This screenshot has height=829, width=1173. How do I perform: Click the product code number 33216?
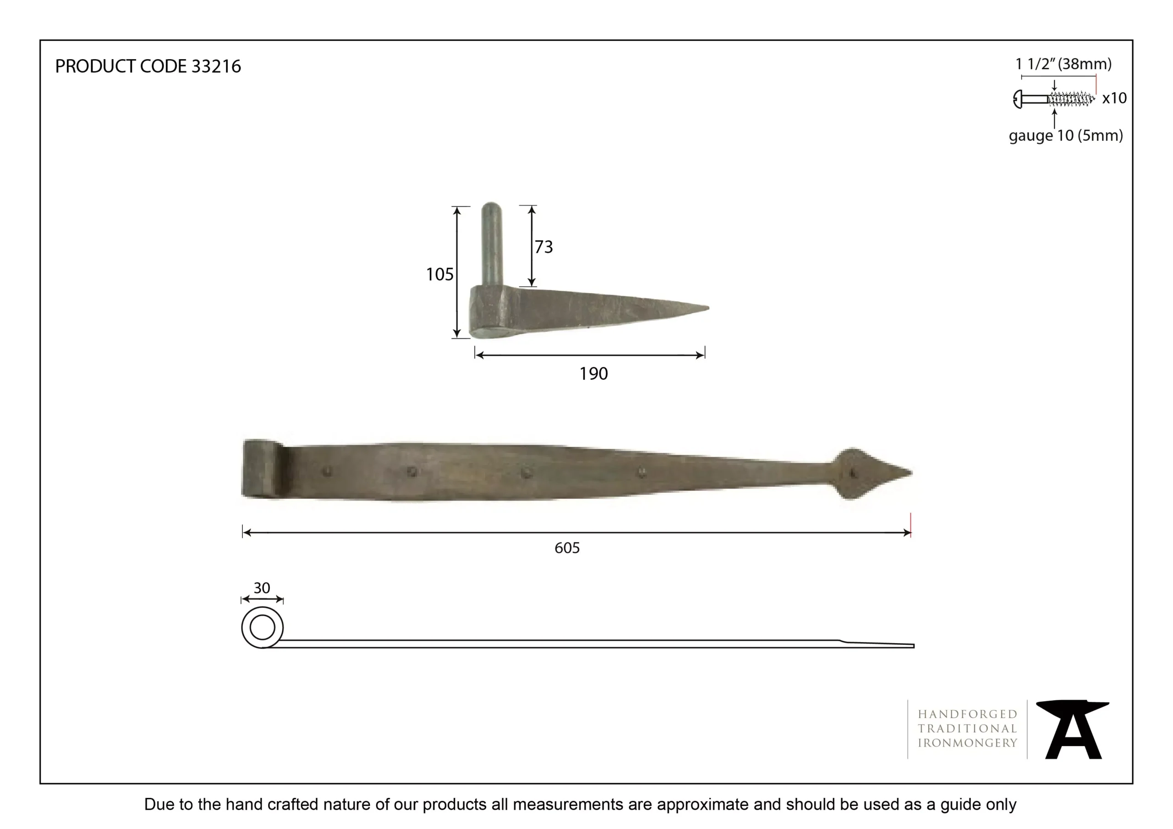216,66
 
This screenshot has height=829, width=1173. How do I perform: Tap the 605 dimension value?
567,548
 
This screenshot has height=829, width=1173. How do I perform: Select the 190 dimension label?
593,374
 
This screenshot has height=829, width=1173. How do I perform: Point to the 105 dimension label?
439,275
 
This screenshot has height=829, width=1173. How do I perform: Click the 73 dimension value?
543,247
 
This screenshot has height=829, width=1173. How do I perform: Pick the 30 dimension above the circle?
262,588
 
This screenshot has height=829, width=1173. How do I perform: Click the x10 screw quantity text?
1114,98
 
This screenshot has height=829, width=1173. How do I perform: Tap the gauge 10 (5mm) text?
1065,136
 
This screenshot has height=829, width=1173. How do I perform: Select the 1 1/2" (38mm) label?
1063,65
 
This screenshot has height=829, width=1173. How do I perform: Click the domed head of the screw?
1017,99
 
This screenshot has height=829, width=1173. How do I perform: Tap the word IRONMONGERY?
967,743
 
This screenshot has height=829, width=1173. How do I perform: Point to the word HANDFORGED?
967,714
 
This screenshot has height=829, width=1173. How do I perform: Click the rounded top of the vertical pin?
491,207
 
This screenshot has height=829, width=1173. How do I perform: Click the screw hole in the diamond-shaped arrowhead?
852,474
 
